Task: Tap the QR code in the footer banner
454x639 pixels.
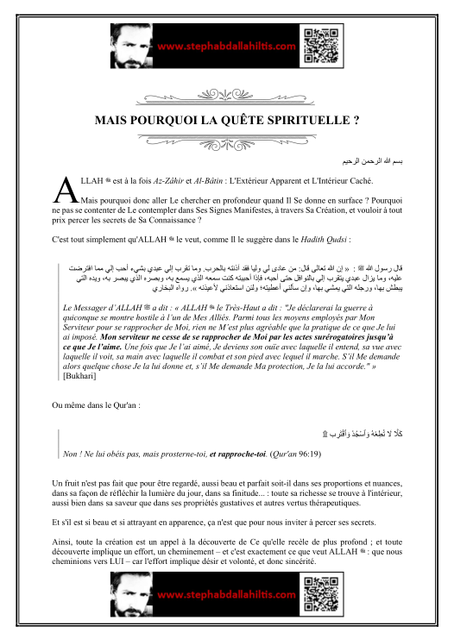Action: coord(313,596)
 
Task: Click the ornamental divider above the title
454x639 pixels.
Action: coord(227,94)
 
